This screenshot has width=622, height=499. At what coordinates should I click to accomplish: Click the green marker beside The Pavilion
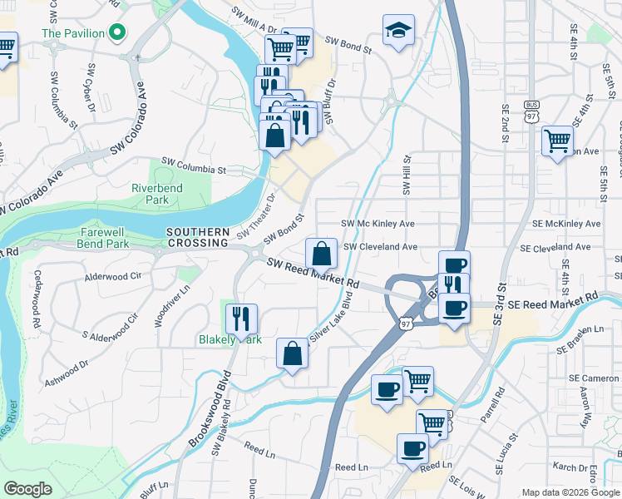pos(118,33)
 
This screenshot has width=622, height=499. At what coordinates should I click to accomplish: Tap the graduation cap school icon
pos(398,31)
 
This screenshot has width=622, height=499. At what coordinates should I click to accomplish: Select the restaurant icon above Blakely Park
pos(241,318)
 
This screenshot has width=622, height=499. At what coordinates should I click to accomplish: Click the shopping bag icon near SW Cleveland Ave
pos(321,252)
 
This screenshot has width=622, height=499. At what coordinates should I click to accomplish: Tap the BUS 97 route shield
pos(532,111)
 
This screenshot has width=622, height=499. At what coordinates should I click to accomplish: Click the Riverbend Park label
pos(156,194)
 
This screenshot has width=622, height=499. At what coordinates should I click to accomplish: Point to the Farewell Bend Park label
pos(105,238)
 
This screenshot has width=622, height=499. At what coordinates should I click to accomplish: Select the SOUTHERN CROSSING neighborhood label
pos(197,237)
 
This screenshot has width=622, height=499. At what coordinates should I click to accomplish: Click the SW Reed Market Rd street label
pos(312,273)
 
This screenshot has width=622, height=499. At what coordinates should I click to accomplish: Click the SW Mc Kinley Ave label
pos(378,224)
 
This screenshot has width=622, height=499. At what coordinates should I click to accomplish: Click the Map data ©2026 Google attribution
pos(570,492)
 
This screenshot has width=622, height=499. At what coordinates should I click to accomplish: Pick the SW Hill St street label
pos(407,175)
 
